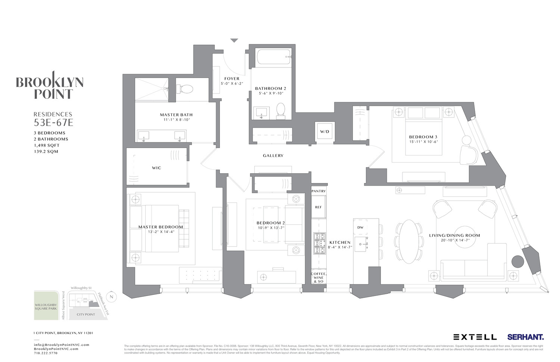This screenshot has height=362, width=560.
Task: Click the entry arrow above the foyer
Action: [234, 41]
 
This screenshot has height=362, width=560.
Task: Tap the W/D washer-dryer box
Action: [324, 132]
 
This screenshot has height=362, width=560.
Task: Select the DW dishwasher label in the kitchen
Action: [360, 227]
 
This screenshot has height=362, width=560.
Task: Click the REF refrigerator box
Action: [318, 207]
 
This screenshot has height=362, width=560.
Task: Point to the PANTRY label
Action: [318, 191]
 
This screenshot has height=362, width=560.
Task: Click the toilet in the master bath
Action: [186, 89]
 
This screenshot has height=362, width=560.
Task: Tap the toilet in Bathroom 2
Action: [280, 111]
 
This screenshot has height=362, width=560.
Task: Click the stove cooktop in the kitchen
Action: [319, 243]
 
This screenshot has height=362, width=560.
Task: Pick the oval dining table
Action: [410, 241]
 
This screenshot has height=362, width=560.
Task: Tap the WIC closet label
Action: [156, 168]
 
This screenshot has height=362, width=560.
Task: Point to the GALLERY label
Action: [273, 156]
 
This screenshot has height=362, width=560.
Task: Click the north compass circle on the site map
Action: [111, 297]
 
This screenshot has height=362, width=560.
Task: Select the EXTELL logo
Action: [475, 337]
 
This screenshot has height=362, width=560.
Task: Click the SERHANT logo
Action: [525, 337]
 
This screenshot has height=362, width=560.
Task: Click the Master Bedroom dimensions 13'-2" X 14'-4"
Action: [161, 232]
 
